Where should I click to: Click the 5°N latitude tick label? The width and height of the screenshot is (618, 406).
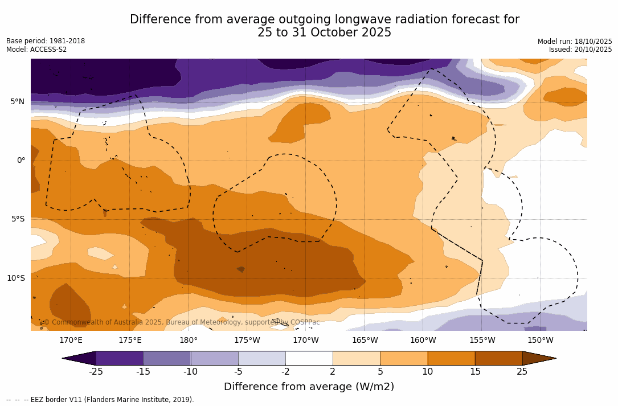click(x=17, y=102)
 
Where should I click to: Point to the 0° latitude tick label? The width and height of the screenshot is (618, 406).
click(x=21, y=161)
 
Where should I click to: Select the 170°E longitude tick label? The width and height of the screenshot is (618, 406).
click(x=71, y=341)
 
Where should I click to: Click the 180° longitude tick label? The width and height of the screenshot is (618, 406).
click(x=189, y=341)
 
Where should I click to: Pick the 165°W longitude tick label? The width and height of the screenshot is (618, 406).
click(x=365, y=341)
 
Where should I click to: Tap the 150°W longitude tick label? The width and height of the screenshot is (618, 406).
click(x=540, y=341)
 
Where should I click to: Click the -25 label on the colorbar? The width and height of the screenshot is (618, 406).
click(x=96, y=372)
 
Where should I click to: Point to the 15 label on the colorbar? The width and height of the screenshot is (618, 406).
click(x=474, y=372)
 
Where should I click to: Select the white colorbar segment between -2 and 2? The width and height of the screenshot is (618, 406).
click(x=309, y=358)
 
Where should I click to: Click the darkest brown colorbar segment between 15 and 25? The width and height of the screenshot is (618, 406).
click(x=498, y=358)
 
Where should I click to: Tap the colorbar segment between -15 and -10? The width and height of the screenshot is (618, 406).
click(x=167, y=358)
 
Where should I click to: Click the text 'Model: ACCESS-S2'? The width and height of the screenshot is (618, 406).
click(x=36, y=50)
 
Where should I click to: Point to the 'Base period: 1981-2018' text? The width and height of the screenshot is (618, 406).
click(x=46, y=41)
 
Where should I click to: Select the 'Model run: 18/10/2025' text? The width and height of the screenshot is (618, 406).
click(x=575, y=42)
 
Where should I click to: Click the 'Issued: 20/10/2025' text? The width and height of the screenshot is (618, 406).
click(x=580, y=50)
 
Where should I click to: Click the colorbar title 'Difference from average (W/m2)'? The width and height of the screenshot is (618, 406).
click(x=309, y=387)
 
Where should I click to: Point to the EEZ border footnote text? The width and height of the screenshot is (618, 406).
click(x=100, y=400)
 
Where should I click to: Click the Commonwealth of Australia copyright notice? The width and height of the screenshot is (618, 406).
click(x=182, y=322)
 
